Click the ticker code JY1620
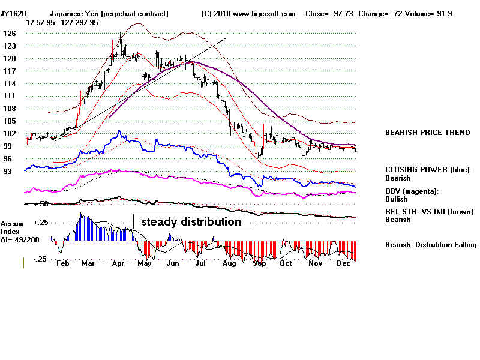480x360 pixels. [13, 13]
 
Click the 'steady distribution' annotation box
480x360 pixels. [191, 222]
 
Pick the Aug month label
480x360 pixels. [229, 263]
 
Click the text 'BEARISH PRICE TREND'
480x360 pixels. [427, 133]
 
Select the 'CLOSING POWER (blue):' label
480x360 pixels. [428, 170]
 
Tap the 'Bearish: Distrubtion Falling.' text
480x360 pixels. [431, 245]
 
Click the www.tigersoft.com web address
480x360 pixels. [264, 13]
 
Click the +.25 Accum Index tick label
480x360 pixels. [40, 223]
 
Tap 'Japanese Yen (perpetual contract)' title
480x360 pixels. [109, 13]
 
